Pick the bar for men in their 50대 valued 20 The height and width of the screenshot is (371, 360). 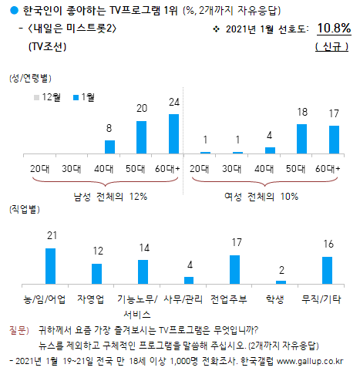(x=141, y=137)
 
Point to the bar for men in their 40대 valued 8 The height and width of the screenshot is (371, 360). (x=109, y=147)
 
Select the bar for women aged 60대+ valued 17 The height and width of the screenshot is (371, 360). (x=334, y=140)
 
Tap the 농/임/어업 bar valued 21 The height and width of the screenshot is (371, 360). (x=51, y=266)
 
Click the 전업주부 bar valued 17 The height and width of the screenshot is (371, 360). (x=234, y=270)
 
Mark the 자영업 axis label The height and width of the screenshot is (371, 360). (x=96, y=298)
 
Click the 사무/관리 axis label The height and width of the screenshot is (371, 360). (x=188, y=298)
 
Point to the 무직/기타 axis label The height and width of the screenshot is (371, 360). (x=326, y=298)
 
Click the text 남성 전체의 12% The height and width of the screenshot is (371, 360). (x=110, y=197)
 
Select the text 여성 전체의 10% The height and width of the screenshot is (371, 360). (x=268, y=197)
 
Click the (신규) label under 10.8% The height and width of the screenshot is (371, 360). (x=333, y=47)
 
